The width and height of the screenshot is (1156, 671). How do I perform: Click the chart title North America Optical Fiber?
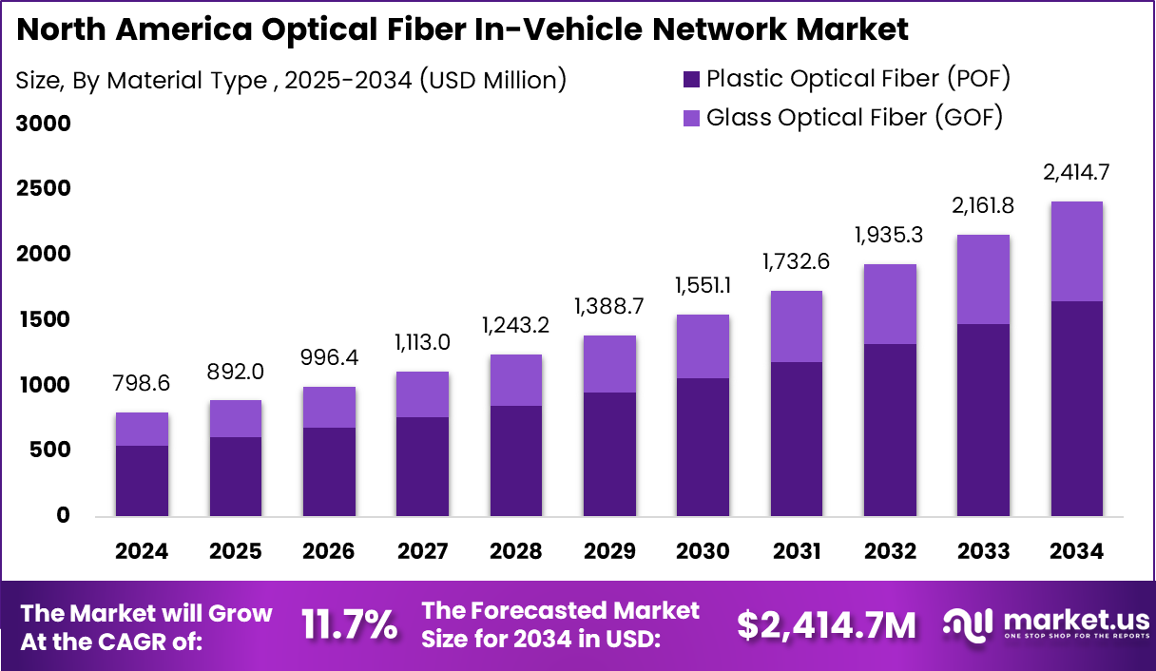(462, 29)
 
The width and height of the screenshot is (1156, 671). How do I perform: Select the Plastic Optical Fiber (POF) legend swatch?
(691, 78)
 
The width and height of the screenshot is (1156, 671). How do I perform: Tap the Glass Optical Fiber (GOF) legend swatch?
(691, 118)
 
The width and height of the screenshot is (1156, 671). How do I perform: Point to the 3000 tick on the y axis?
(44, 125)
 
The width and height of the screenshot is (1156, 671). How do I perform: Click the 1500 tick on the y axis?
(44, 320)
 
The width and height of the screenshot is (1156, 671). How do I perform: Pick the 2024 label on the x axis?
(142, 552)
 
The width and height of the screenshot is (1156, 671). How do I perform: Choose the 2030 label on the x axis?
(703, 552)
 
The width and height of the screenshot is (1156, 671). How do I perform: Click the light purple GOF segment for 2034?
(1076, 251)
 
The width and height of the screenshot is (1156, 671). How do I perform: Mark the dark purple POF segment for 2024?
(142, 481)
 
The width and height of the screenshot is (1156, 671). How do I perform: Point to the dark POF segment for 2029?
(609, 454)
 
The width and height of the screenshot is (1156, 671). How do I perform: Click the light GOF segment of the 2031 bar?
(796, 326)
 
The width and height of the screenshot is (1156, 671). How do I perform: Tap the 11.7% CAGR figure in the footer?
(349, 624)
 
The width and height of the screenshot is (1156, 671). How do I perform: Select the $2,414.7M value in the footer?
(827, 624)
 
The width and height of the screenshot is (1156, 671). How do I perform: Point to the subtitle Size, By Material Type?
(291, 81)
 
